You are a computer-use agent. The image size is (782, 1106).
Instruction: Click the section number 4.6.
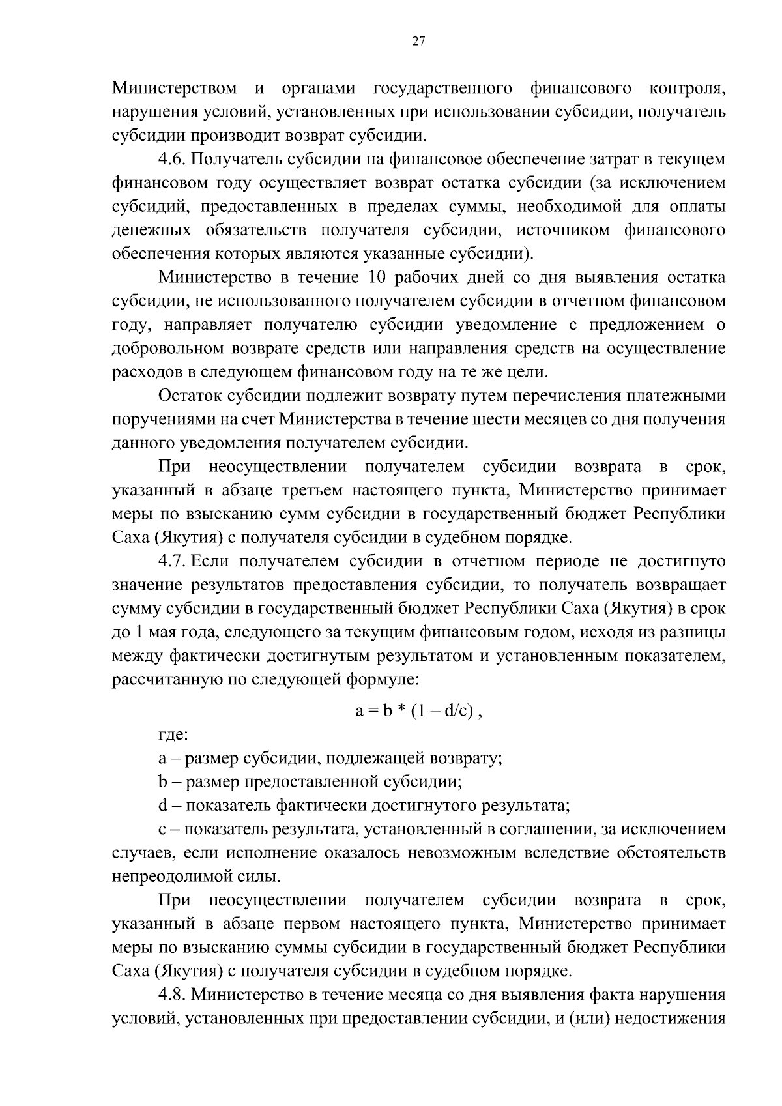coord(172,159)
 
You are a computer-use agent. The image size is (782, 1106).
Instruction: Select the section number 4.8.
coord(172,995)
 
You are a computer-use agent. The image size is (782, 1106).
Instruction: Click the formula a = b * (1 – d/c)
coord(418,711)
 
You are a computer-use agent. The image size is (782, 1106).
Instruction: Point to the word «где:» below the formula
coord(173,735)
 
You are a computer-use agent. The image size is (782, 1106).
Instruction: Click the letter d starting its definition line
coord(163,806)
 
